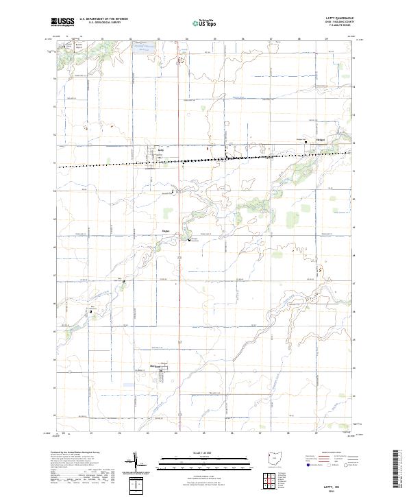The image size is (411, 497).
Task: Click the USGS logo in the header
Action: (63, 22)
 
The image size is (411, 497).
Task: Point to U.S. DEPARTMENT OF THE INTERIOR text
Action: (103, 19)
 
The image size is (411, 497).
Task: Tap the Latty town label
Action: (162, 148)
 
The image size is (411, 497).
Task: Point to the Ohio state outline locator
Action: (275, 458)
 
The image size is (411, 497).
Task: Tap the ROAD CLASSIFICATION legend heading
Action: (321, 453)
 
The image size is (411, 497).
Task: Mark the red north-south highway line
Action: (179, 274)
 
